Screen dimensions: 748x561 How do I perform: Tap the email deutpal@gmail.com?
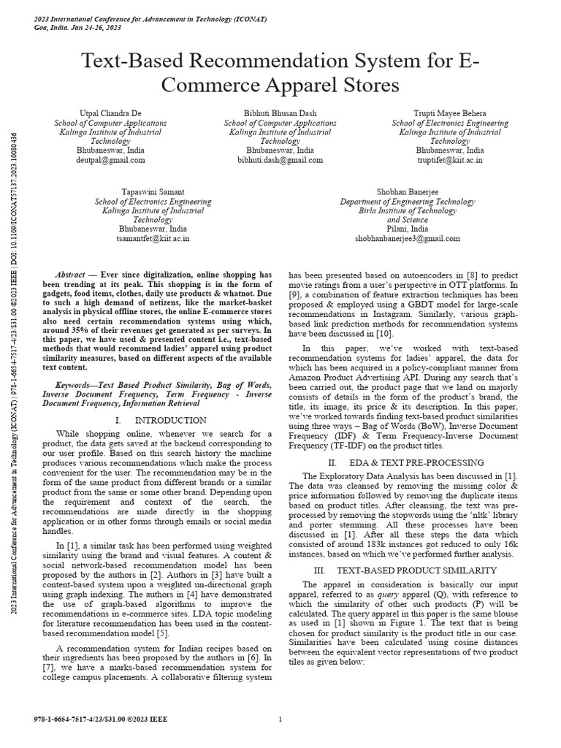pos(110,159)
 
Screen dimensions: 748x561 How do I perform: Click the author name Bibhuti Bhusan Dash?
pos(280,114)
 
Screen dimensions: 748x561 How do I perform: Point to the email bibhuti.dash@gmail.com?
pos(280,159)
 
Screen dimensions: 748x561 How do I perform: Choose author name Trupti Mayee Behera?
pos(449,114)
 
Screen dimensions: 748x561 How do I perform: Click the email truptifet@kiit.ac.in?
pos(449,159)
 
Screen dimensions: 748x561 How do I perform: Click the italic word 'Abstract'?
pos(72,274)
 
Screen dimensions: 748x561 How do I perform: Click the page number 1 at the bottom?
pos(280,720)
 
